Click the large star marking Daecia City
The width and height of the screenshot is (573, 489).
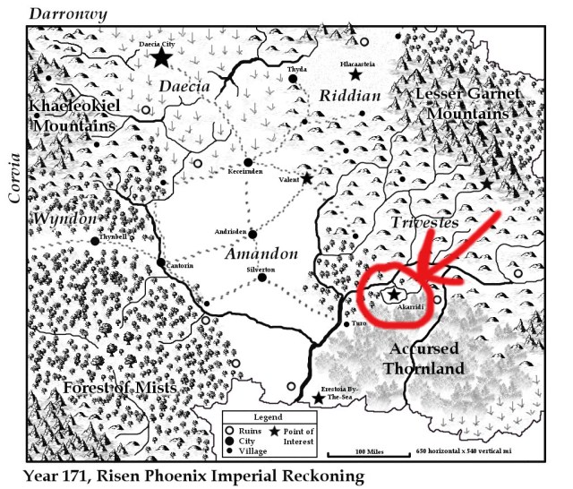pyautogui.click(x=161, y=58)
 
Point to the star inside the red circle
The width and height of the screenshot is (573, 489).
pyautogui.click(x=392, y=294)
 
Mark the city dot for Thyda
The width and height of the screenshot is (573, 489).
pyautogui.click(x=293, y=79)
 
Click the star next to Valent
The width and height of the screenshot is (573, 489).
pyautogui.click(x=307, y=178)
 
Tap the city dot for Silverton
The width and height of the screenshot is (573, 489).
pyautogui.click(x=261, y=278)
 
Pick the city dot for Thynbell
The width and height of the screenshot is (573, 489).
pyautogui.click(x=94, y=241)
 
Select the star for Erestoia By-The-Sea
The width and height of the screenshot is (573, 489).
pyautogui.click(x=318, y=398)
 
